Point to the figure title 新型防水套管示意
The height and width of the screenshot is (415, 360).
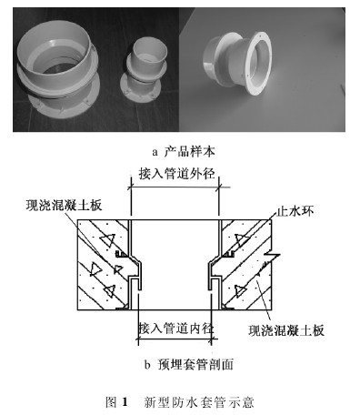pos(208,400)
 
